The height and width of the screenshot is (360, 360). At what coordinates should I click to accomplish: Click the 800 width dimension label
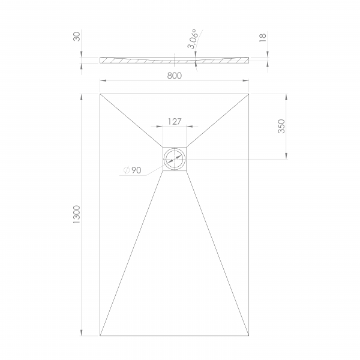click(175, 76)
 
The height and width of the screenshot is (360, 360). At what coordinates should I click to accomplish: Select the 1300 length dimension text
click(76, 215)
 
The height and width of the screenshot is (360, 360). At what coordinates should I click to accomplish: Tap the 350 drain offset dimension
click(281, 126)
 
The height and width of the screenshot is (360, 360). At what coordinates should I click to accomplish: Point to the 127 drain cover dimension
click(175, 121)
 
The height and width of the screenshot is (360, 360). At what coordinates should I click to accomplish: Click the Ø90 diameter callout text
click(132, 170)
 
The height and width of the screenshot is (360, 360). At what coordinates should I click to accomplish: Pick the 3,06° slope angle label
click(193, 39)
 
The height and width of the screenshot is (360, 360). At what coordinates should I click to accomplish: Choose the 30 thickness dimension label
click(77, 37)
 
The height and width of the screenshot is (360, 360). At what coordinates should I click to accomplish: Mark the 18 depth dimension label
click(262, 37)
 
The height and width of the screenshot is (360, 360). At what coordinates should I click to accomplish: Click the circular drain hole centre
click(175, 159)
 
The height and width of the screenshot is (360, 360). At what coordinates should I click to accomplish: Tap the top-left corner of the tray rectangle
click(100, 94)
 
